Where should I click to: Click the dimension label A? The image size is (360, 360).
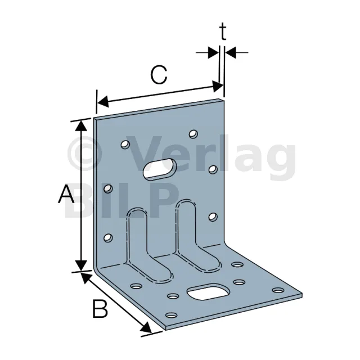coord(66,193)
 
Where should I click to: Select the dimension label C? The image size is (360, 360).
coord(159,75)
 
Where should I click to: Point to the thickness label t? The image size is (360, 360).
coord(223,32)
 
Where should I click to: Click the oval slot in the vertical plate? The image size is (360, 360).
coord(160,169)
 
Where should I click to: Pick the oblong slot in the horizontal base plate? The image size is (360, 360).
coord(208,291)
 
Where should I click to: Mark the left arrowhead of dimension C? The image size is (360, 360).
coord(103,101)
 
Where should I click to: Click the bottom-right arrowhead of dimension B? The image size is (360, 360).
coord(146,327)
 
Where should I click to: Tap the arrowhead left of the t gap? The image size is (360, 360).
coord(213,52)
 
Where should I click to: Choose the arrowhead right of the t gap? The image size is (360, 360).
coord(231,52)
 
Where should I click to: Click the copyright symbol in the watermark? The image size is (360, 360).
coord(84,154)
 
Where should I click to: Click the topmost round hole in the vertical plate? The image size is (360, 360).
coord(193,134)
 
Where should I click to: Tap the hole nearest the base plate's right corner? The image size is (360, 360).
coord(278,290)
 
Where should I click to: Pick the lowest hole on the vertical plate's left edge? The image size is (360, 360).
coord(108,237)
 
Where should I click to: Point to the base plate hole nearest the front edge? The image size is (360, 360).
coord(171,315)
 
